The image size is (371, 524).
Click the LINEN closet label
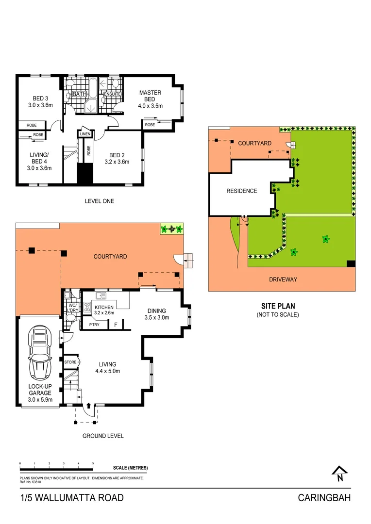coord(85,133)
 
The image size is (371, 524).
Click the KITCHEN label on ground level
coord(104,307)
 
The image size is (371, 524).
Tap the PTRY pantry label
coord(94,325)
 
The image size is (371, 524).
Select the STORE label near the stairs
coord(70,361)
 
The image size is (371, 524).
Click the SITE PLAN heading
coord(278,306)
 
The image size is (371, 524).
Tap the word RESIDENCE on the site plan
coord(241,191)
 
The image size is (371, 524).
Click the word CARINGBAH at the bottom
coord(324,498)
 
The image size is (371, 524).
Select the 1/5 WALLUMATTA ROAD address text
coord(72,498)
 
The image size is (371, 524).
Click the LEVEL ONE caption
coord(99,201)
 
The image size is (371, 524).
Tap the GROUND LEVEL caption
coord(102,436)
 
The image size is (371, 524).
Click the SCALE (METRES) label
coord(130,468)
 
